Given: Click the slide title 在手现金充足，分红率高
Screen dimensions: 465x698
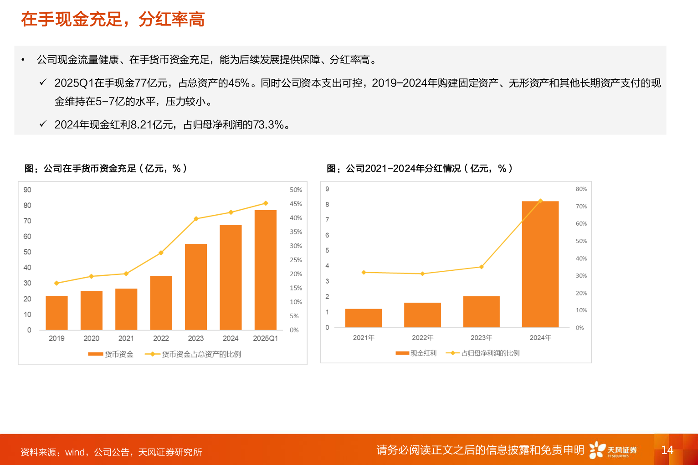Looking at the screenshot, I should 113,19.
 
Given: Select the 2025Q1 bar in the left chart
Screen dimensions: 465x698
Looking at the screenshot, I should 265,270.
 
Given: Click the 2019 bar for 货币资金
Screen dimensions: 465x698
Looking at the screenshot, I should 56,313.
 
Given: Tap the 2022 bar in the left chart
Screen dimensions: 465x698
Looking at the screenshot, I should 161,303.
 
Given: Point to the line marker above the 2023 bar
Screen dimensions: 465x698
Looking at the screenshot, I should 196,219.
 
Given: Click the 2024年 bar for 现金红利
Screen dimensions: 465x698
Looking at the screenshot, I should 540,264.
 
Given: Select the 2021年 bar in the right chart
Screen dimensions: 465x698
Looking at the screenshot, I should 363,318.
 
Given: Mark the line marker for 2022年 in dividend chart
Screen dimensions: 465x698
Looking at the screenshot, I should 422,274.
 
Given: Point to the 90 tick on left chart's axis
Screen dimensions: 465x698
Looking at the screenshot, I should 27,190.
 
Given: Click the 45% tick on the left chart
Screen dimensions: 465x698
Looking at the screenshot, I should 296,204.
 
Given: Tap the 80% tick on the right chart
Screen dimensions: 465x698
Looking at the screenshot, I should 581,189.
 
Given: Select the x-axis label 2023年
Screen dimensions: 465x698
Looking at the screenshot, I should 481,338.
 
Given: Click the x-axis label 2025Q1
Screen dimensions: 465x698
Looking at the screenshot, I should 265,338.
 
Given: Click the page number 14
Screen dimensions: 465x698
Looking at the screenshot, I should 667,450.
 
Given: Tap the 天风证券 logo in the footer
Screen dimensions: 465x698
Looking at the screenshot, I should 613,450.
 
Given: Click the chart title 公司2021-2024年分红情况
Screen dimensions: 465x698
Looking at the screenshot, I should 420,169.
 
